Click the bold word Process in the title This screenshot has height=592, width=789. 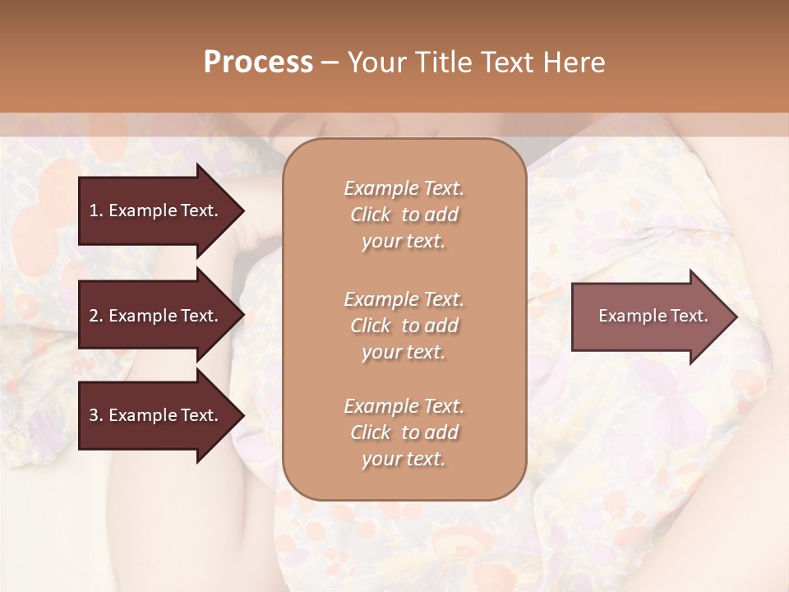tap(258, 62)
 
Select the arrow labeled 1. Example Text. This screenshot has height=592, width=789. tap(156, 210)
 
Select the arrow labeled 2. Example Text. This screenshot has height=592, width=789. tap(156, 316)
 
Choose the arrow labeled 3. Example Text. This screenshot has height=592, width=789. tap(156, 415)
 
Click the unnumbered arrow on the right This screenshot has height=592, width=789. tap(649, 317)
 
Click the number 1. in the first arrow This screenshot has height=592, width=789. tap(96, 210)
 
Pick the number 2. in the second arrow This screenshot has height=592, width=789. tap(96, 316)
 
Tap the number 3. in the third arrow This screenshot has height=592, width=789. tap(96, 415)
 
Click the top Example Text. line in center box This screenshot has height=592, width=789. tap(404, 188)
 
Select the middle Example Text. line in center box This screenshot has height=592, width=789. tap(404, 299)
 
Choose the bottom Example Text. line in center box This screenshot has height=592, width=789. tap(404, 406)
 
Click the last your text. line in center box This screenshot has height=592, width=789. tap(404, 460)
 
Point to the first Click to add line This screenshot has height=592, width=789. tap(404, 215)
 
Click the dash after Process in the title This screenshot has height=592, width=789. tap(330, 63)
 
